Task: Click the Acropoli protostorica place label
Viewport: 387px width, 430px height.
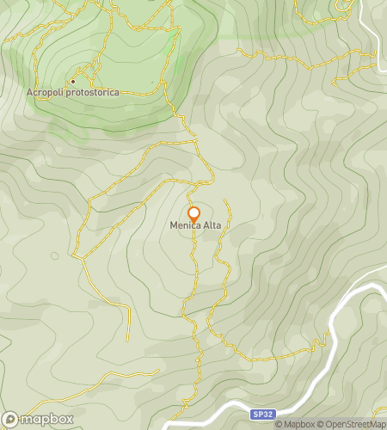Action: pos(72,92)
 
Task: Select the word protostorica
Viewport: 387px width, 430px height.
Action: pos(94,92)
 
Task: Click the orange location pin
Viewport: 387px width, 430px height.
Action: pos(194,214)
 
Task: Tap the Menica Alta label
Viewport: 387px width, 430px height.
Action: pos(193,227)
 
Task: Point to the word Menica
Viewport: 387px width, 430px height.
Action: pos(182,227)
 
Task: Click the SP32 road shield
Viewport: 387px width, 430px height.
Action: pos(263,414)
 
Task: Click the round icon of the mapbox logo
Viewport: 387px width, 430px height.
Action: pos(10,420)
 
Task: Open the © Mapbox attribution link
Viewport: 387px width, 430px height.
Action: pos(295,424)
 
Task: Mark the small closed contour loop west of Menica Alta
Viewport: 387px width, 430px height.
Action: pos(55,255)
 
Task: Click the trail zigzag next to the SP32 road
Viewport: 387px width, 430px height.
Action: pos(327,340)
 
